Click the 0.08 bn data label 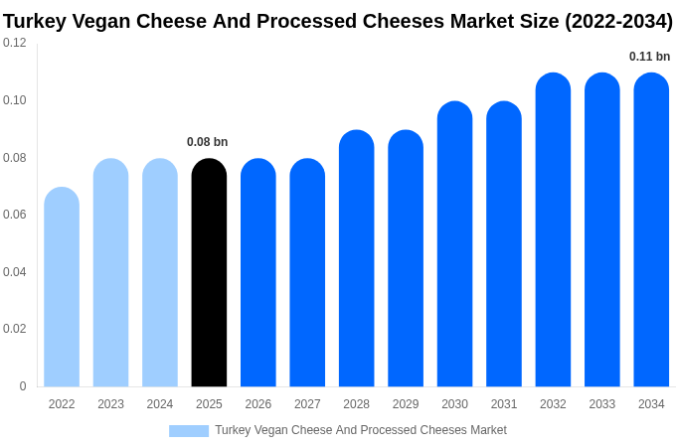[208, 142]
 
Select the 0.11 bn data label [650, 57]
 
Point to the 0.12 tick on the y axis [15, 43]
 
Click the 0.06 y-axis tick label [15, 215]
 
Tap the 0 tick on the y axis [23, 386]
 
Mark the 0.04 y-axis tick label [15, 272]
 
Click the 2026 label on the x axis [258, 404]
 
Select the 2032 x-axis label [553, 404]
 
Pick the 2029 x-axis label [406, 404]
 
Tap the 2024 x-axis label [160, 404]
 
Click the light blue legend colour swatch [189, 431]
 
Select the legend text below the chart [361, 430]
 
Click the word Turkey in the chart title [35, 21]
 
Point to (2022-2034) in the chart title [618, 21]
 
